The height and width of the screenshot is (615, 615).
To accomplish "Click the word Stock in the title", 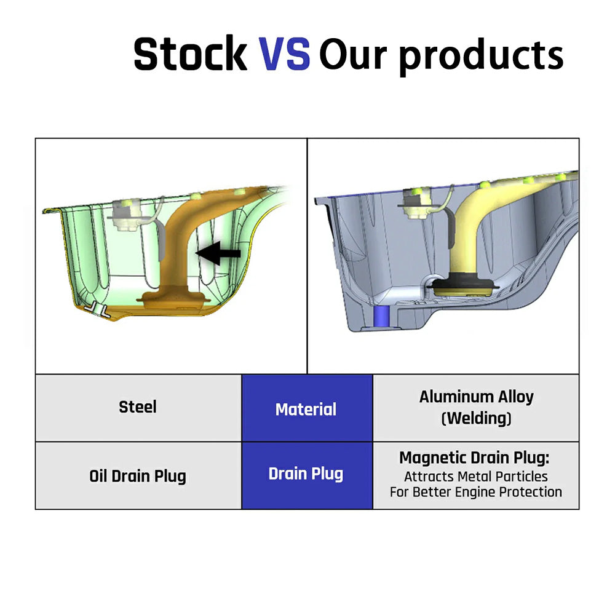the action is pos(190,54).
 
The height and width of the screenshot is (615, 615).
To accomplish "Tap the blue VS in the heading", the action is pos(284,54).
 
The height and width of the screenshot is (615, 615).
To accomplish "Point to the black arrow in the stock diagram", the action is pos(218,253).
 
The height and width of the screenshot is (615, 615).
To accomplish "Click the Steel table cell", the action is pos(138,408).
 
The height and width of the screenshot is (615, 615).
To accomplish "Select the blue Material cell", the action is pos(307,408).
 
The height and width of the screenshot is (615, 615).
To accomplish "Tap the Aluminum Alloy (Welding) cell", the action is pos(476,408).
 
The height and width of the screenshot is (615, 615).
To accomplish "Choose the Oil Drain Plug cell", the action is pos(138,476).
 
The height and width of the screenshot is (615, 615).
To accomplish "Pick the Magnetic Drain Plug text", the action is pos(474,458).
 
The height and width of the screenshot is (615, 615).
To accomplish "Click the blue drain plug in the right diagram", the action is pos(381,317).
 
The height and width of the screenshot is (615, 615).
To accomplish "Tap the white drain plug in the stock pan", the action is pos(96,309).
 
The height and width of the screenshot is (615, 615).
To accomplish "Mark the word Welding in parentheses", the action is pos(476,418).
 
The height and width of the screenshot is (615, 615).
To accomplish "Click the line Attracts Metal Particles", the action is pos(476,477).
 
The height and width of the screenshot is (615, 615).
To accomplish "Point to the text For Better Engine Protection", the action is pos(476,492).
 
